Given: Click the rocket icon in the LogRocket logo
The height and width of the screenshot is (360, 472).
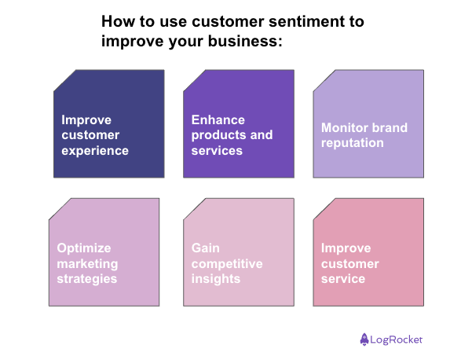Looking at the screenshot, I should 365,340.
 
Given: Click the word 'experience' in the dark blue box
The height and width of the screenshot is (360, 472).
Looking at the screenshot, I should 95,150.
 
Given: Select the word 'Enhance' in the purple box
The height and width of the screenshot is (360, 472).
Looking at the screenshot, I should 218,120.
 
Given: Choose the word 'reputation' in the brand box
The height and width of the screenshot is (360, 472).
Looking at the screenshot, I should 352,143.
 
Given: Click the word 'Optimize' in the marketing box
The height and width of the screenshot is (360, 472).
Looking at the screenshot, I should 84,248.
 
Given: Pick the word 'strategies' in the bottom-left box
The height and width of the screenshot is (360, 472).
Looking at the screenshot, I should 86,278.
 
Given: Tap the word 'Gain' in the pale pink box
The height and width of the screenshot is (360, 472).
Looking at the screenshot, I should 206,248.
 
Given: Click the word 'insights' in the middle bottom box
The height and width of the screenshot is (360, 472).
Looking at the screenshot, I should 216,278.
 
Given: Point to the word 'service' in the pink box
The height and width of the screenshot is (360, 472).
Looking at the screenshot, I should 343,278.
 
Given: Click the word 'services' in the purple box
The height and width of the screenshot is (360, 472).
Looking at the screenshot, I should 218,150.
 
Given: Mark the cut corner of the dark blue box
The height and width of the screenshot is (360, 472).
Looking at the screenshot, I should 64,80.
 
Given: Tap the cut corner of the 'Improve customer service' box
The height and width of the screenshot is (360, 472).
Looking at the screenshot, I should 324,208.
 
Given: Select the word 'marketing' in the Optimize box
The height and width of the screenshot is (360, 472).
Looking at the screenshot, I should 87,263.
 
